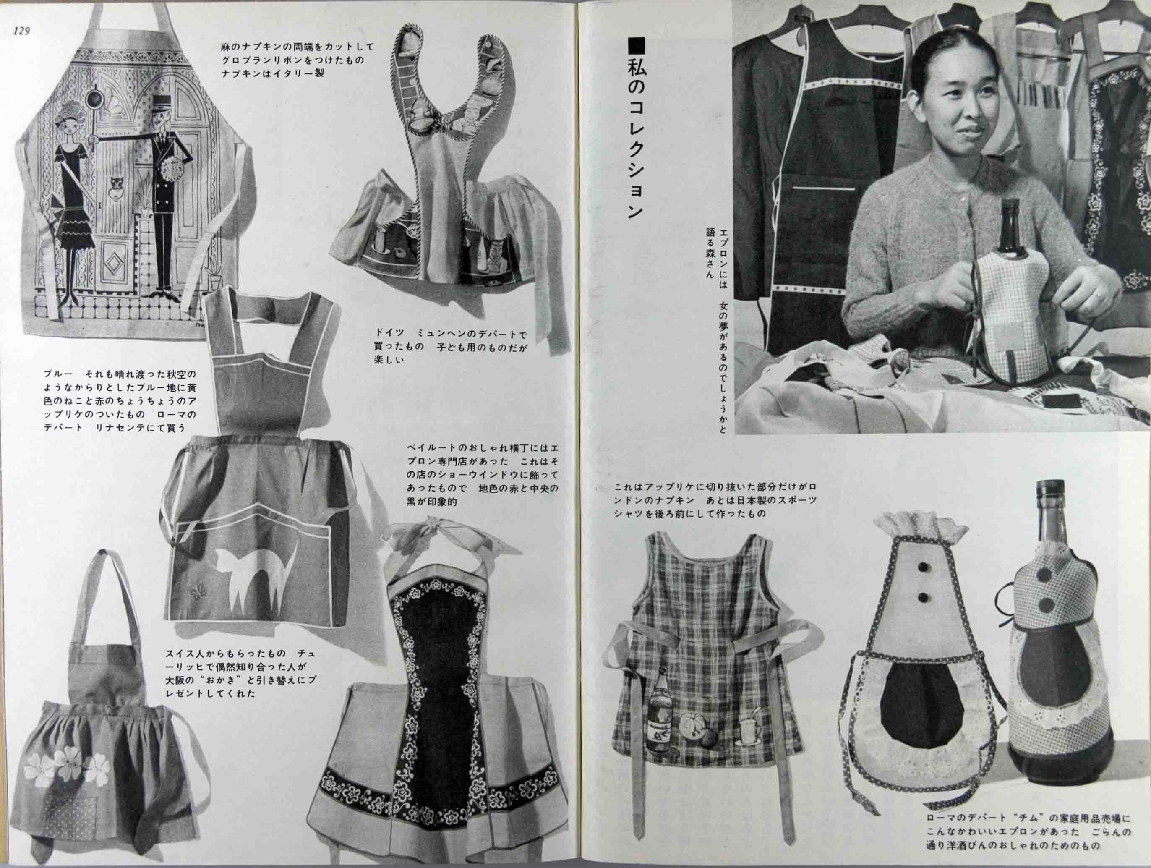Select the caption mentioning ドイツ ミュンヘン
pos(451,345)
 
